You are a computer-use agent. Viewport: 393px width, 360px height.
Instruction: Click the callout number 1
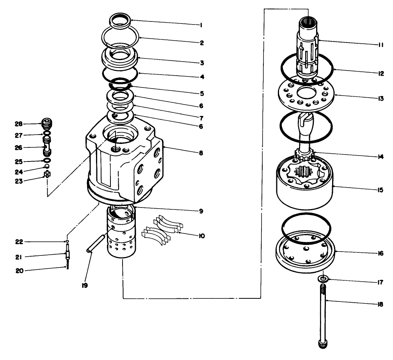click(x=200, y=25)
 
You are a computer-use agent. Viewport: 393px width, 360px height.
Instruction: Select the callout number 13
click(x=381, y=99)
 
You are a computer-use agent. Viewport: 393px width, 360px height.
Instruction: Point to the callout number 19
click(x=84, y=286)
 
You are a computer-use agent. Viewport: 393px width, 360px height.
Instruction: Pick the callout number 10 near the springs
click(x=201, y=236)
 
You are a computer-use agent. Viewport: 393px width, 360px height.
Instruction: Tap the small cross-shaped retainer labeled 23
click(x=47, y=175)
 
